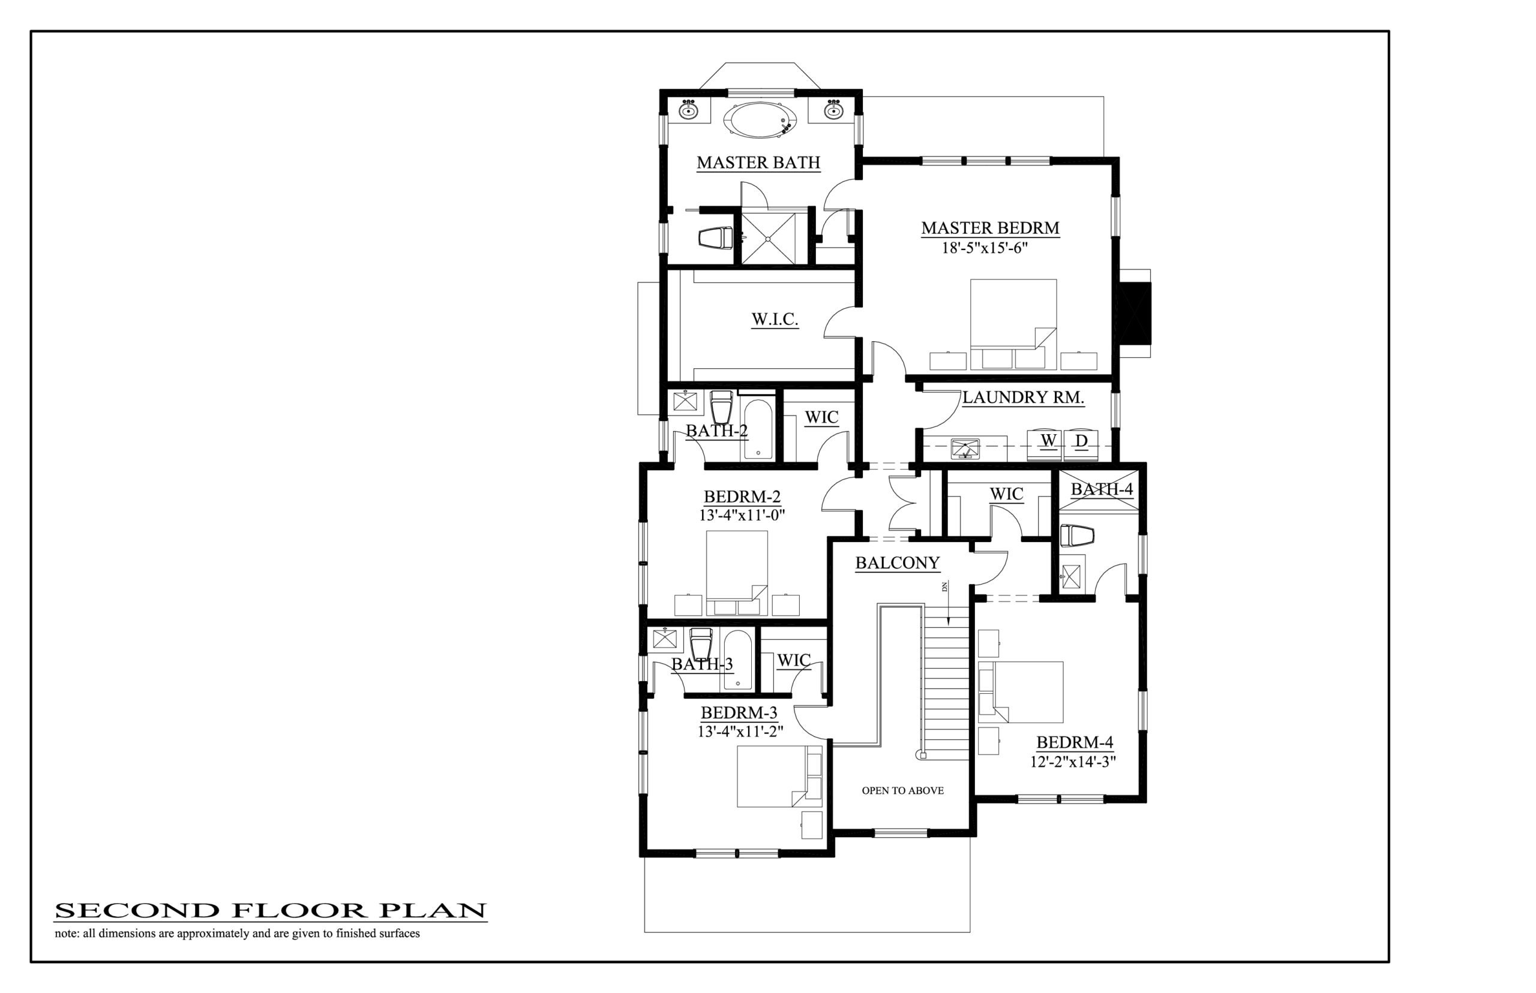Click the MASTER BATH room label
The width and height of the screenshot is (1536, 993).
(758, 163)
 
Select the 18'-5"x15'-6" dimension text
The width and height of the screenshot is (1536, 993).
(985, 248)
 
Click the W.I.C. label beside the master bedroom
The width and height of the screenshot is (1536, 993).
(775, 319)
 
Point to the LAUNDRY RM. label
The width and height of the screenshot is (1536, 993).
(1023, 397)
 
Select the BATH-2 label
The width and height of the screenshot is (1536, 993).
(717, 431)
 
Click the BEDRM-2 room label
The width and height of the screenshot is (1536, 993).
(742, 496)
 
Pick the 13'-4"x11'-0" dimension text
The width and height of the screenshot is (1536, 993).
(742, 515)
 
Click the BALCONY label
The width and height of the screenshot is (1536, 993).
(898, 563)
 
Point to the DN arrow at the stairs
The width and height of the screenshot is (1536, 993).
(947, 604)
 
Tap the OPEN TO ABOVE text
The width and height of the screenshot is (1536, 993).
(902, 790)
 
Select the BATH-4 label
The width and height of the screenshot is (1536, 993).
(1102, 489)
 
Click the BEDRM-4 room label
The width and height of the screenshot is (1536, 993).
(1075, 742)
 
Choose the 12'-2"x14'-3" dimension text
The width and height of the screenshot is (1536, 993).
(1073, 762)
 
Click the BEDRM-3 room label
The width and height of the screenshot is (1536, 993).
(739, 712)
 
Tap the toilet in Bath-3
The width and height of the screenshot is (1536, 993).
(701, 643)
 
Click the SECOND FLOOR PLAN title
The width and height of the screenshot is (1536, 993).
(270, 910)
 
